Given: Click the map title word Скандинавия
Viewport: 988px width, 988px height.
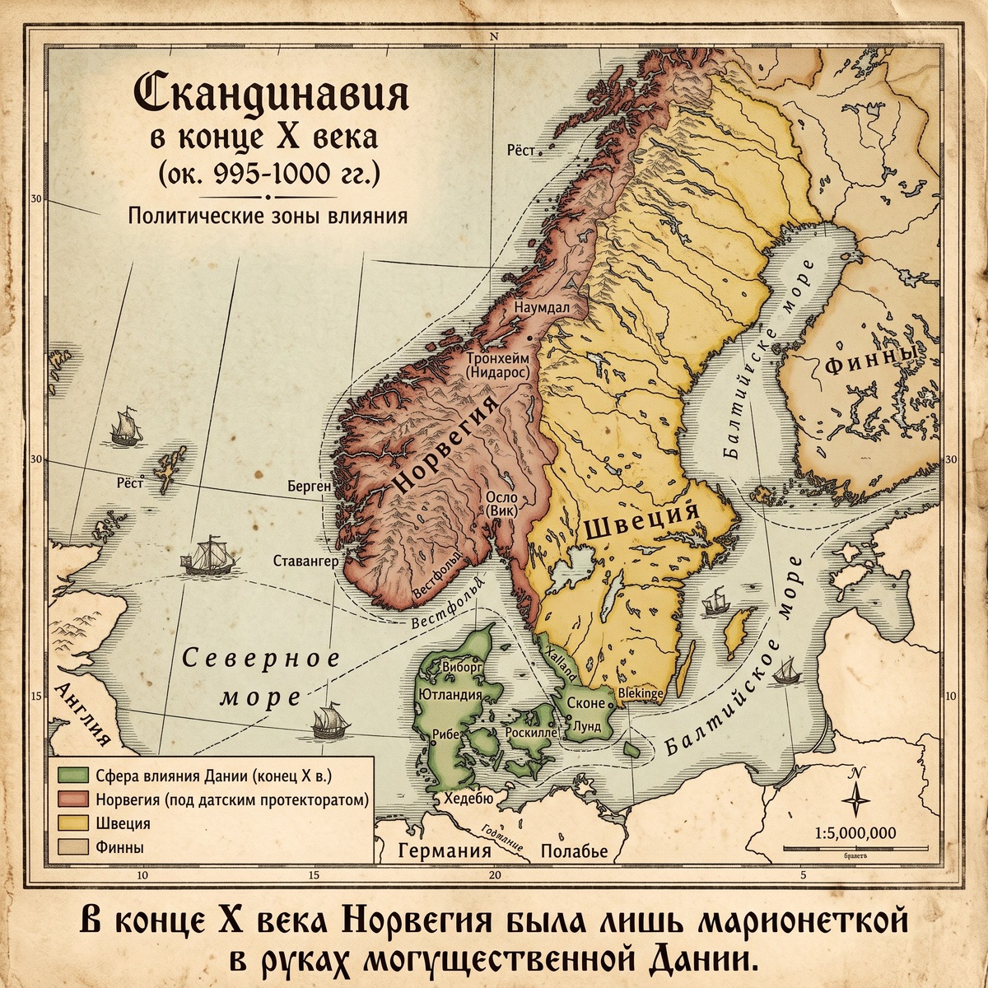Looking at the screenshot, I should click(x=271, y=96).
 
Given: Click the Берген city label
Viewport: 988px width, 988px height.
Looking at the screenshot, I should click(x=309, y=487).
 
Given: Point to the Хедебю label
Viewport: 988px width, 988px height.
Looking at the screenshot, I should click(x=468, y=799).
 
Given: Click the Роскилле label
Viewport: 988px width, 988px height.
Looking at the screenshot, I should click(x=534, y=731).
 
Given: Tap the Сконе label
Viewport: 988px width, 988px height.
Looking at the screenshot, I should click(x=585, y=705).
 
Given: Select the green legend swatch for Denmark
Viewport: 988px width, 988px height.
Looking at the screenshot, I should click(x=73, y=775).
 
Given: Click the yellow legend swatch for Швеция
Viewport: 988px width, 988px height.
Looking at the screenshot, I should click(x=73, y=823).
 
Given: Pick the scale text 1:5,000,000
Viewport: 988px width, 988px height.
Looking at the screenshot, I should click(x=854, y=832).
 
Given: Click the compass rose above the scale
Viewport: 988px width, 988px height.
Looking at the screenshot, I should click(x=856, y=794).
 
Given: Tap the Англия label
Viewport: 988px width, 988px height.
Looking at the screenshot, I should click(x=82, y=714).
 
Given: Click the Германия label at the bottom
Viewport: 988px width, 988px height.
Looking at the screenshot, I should click(x=445, y=851).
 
